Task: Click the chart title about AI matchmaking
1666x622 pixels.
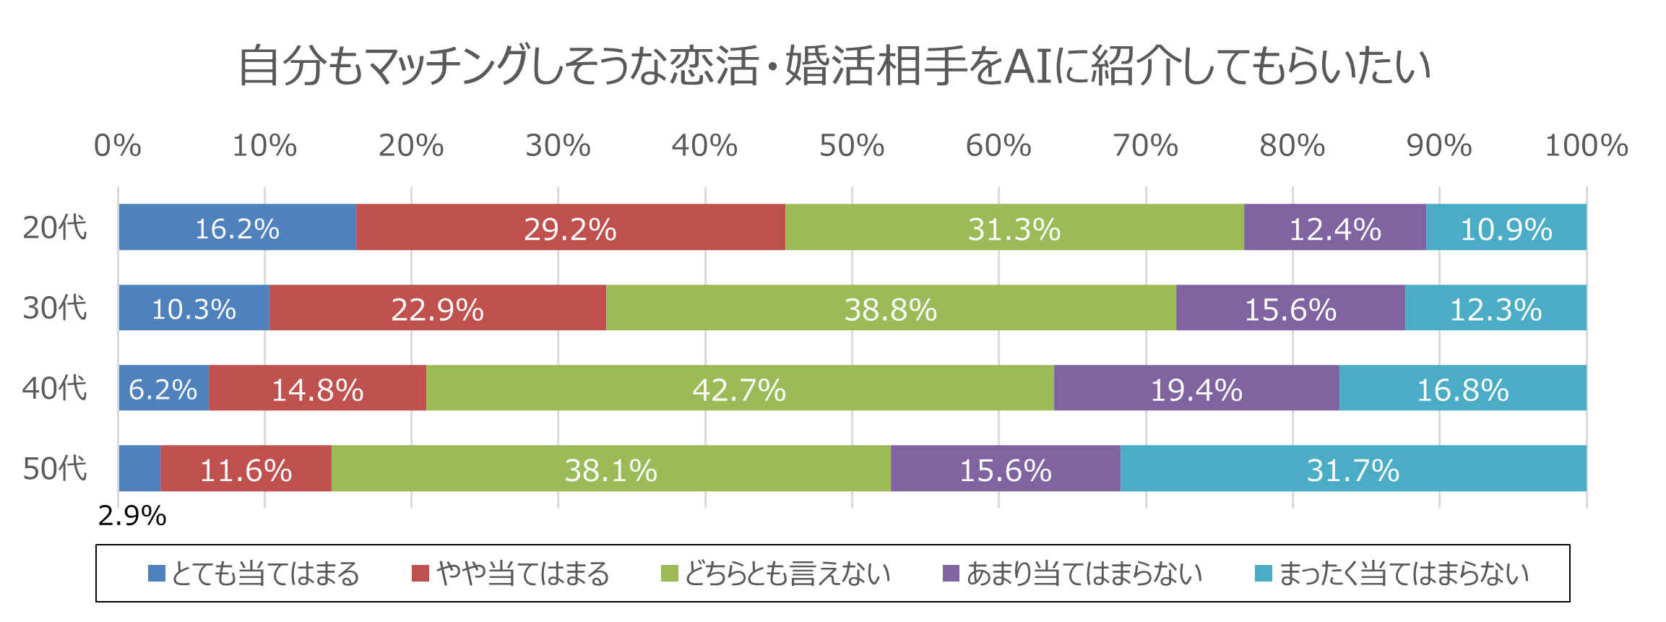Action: pyautogui.click(x=834, y=66)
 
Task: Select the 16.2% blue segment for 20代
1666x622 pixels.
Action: pyautogui.click(x=237, y=228)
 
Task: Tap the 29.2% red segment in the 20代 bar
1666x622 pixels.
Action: pyautogui.click(x=570, y=228)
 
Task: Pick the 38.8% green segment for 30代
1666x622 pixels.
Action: pyautogui.click(x=890, y=308)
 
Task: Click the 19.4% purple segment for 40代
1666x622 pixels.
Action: pyautogui.click(x=1196, y=388)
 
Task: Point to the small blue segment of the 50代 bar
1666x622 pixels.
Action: pyautogui.click(x=139, y=468)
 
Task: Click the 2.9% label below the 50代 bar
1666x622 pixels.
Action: pyautogui.click(x=132, y=516)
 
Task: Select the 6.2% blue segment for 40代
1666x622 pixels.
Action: pyautogui.click(x=163, y=388)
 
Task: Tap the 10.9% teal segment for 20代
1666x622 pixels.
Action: pyautogui.click(x=1506, y=228)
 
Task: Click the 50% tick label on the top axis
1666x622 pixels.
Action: pyautogui.click(x=851, y=146)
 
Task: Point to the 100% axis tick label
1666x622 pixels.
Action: pyautogui.click(x=1586, y=146)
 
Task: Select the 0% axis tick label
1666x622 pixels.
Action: pyautogui.click(x=118, y=146)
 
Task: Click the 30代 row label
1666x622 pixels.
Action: pyautogui.click(x=55, y=308)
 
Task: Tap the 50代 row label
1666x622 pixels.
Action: pyautogui.click(x=55, y=468)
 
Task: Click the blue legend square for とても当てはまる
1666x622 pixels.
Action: pyautogui.click(x=156, y=574)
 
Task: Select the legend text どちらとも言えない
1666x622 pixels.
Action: pyautogui.click(x=787, y=574)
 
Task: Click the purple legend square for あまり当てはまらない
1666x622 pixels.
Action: pyautogui.click(x=951, y=574)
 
